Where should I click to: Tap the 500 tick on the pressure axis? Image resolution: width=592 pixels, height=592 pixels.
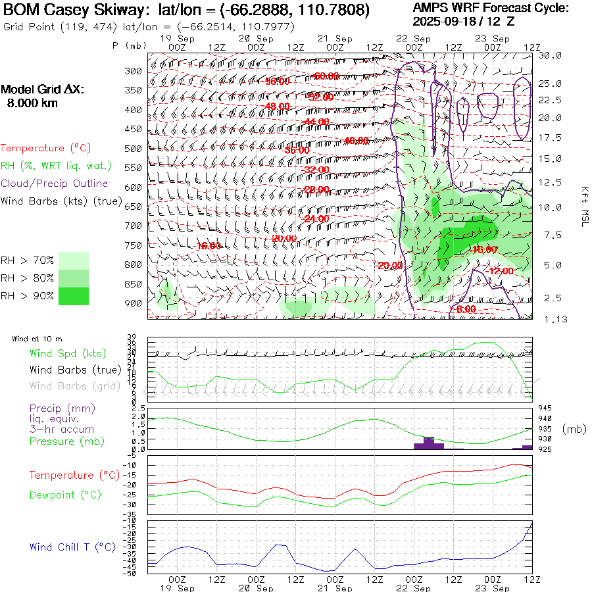pos(134,149)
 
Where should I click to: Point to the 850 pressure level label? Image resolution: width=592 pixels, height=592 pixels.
pos(134,284)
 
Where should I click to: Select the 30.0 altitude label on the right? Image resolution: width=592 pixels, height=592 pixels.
pos(550,55)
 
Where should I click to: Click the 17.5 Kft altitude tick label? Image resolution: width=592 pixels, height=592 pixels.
pos(550,137)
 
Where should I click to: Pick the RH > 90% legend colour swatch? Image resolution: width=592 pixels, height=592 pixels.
pos(74,296)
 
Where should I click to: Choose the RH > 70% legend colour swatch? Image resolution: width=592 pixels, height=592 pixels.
pos(74,260)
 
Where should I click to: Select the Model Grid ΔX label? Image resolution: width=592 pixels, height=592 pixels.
pos(43,90)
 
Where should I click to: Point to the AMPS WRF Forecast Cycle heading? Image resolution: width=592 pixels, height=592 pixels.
pos(491,8)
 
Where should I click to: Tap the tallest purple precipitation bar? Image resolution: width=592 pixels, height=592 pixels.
pos(429,443)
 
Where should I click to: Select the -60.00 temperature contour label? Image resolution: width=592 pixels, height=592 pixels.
pos(326,76)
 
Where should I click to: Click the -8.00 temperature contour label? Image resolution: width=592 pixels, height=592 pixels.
pos(465,309)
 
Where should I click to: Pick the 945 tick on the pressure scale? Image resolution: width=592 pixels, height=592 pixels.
pos(546,408)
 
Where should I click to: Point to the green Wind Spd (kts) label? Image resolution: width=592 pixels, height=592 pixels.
pos(68,354)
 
